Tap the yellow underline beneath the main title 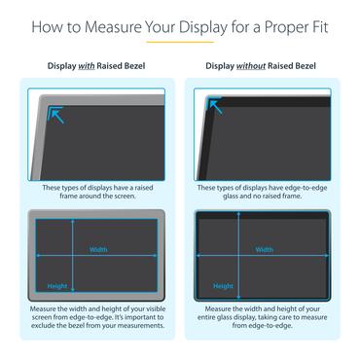pyautogui.click(x=179, y=44)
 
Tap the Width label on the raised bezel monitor pyautogui.click(x=98, y=249)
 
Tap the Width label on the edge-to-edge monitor pyautogui.click(x=264, y=249)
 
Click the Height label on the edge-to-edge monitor pyautogui.click(x=223, y=286)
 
